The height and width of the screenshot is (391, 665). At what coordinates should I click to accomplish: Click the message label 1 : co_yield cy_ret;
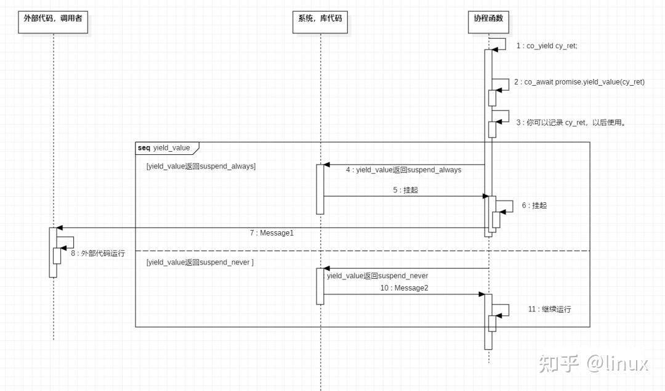point(547,46)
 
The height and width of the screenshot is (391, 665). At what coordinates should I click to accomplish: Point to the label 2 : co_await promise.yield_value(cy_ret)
point(579,82)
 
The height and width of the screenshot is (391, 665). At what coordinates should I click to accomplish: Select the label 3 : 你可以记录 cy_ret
point(571,123)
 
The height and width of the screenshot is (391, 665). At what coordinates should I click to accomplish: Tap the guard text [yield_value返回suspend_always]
point(201,167)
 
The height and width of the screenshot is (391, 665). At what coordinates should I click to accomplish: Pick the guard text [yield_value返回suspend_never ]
point(200,263)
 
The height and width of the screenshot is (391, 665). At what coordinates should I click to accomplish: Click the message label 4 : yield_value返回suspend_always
point(403,170)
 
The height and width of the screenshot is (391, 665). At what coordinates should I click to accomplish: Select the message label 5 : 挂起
point(405,190)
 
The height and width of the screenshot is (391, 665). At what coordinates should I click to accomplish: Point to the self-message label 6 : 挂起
point(534,205)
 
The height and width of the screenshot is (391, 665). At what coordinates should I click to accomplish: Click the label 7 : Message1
point(272,233)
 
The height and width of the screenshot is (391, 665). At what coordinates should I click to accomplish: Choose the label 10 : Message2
point(404,288)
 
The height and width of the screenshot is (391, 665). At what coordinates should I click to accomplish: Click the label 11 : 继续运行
point(549,309)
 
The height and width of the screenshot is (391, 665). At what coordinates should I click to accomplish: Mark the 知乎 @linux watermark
point(593,363)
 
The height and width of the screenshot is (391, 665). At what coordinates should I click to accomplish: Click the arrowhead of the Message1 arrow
point(59,228)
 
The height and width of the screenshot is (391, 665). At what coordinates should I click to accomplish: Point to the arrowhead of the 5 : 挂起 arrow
point(485,196)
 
